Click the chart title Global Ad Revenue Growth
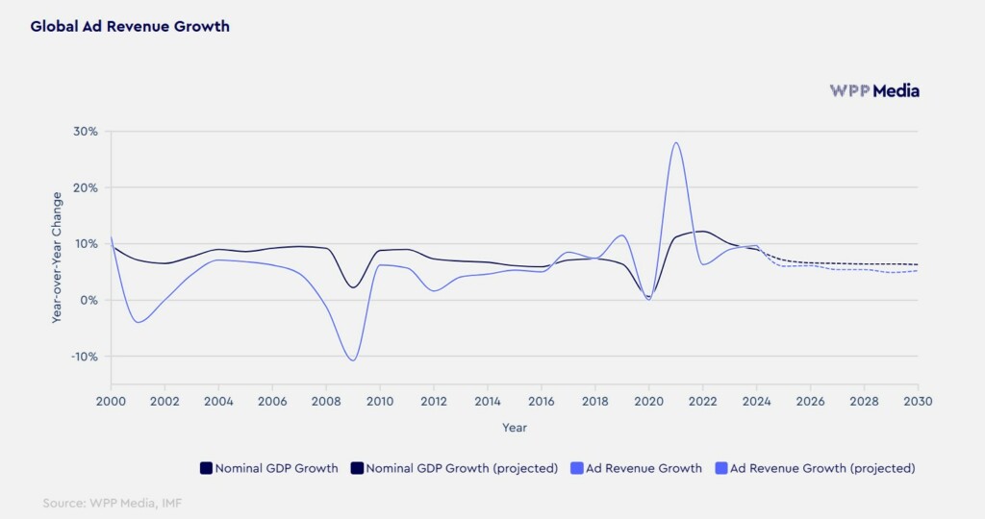tap(130, 27)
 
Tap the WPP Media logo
tap(874, 91)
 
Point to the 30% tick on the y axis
tap(86, 132)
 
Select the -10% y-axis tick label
tap(84, 357)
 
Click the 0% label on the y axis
tap(89, 300)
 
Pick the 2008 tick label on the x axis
tap(326, 401)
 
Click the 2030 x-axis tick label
tap(918, 401)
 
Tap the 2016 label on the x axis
tap(542, 401)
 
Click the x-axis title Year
tap(514, 427)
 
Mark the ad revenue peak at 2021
tap(676, 143)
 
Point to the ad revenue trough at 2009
tap(353, 360)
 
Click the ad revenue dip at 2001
tap(139, 322)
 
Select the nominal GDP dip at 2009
tap(353, 287)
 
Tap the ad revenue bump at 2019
tap(622, 235)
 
